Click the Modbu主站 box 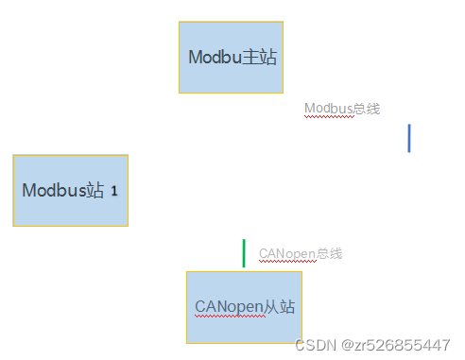231,58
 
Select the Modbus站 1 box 70,190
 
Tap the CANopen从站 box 244,307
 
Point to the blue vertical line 409,137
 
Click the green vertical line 244,253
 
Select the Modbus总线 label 342,109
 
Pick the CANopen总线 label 301,253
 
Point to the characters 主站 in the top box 260,57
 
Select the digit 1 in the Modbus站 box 114,191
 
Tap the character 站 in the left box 95,190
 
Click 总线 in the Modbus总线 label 367,109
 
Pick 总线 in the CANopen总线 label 329,253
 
